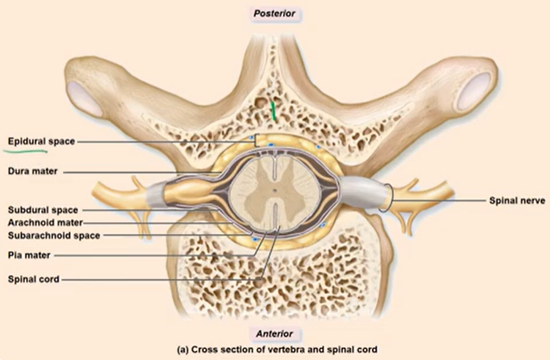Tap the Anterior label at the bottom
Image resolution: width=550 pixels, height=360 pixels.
tap(275, 334)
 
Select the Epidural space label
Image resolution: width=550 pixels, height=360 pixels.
tap(41, 140)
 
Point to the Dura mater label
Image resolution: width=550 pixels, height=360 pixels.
tap(33, 172)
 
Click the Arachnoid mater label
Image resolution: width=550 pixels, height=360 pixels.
tap(45, 222)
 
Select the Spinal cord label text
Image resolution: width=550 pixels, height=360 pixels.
tap(34, 279)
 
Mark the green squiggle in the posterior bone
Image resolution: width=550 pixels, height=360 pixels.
tap(273, 112)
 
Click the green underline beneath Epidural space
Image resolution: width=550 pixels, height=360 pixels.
tap(26, 150)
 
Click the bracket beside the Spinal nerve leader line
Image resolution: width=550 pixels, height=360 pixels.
tap(396, 198)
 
